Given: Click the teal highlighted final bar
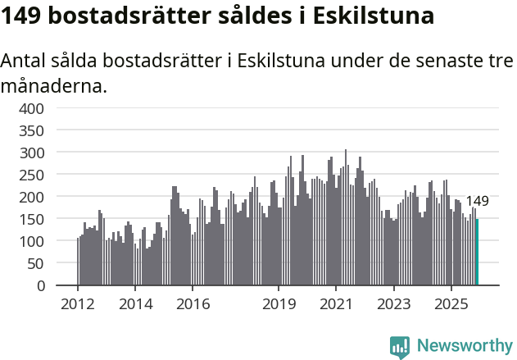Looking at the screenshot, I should (x=477, y=253).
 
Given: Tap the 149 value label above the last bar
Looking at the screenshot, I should (x=477, y=201).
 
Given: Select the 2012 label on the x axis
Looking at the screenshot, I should (x=78, y=304).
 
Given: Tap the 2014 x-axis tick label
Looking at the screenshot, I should (x=135, y=304).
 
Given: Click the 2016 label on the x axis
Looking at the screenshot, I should (x=193, y=304).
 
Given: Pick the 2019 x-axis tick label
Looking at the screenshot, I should (x=279, y=304).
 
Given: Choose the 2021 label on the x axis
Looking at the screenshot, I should (x=337, y=304).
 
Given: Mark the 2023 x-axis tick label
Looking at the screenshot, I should (x=394, y=304).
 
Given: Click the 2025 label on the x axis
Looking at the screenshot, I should (x=451, y=304).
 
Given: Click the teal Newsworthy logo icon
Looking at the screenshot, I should (x=399, y=347).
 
